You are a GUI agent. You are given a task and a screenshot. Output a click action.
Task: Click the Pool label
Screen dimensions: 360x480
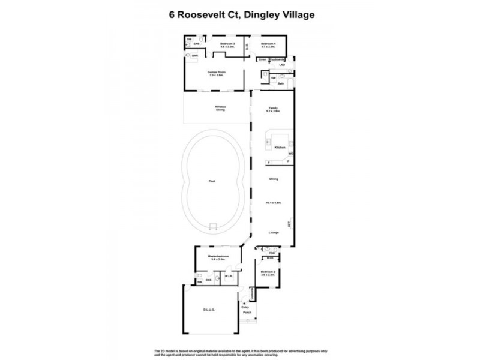pos(211,181)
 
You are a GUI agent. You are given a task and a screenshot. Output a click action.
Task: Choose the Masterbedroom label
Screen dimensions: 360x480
pos(217,257)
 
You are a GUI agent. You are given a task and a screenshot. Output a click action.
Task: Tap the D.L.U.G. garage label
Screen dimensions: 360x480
pos(209,310)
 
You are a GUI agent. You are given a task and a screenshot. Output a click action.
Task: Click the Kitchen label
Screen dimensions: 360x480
pos(279,148)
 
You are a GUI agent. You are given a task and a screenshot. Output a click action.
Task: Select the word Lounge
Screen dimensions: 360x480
pos(274,233)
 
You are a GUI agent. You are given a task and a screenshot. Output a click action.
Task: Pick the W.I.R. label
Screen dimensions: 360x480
pos(229,277)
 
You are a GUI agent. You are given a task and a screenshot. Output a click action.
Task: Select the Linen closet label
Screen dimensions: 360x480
pos(262,59)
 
